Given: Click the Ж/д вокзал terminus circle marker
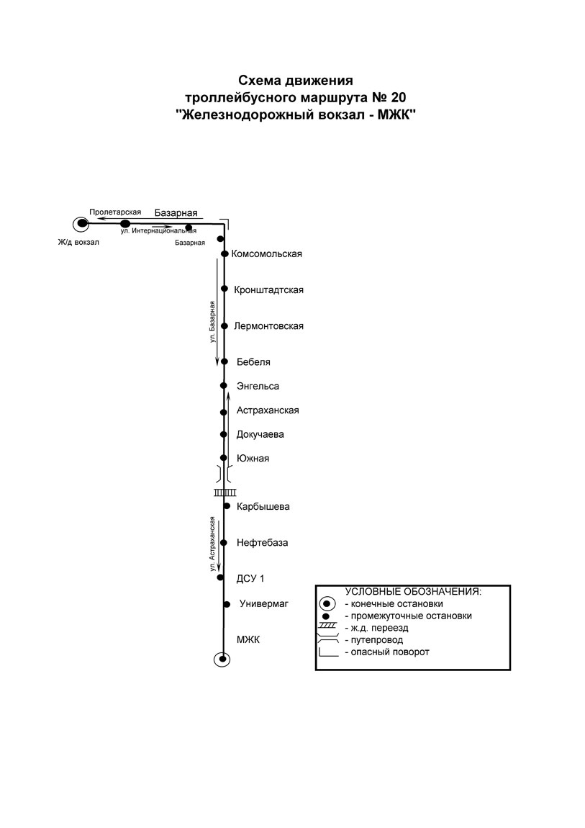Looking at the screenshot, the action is coord(82,223).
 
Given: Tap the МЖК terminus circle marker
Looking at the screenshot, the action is coord(222,659).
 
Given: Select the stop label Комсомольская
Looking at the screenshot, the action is coord(267,254).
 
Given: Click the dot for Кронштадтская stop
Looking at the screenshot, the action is coord(225,289).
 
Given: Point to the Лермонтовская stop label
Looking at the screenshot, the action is coord(268,326).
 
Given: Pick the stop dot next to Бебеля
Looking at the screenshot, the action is coord(225,361).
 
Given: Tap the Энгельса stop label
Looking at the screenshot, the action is coord(258,387).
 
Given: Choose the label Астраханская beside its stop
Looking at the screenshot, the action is coord(268,410).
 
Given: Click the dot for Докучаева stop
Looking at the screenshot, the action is coord(224,435).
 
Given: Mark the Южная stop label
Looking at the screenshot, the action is coord(253,459).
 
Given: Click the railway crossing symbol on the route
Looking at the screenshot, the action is coord(225,492).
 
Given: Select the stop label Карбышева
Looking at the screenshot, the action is coord(263,507).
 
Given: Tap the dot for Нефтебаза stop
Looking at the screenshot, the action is coord(224,543).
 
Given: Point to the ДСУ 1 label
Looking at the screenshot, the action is coord(250,579).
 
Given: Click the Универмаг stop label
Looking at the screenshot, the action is coord(264,603).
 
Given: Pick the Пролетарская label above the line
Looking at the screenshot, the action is coord(115,212).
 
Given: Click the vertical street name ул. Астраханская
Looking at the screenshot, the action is coord(212,544).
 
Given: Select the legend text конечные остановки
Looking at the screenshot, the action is coord(396,604).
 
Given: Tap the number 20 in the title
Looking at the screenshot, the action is coord(399,98).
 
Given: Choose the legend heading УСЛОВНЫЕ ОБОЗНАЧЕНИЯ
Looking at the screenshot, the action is coord(413,592).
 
